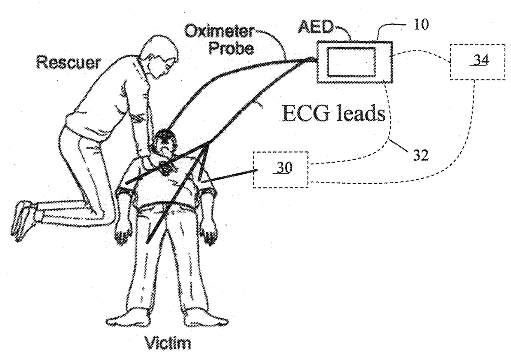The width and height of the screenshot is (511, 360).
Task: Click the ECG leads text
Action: (x=333, y=113)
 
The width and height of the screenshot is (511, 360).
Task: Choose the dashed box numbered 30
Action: (x=281, y=169)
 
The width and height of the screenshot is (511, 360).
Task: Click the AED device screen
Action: (x=352, y=61)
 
